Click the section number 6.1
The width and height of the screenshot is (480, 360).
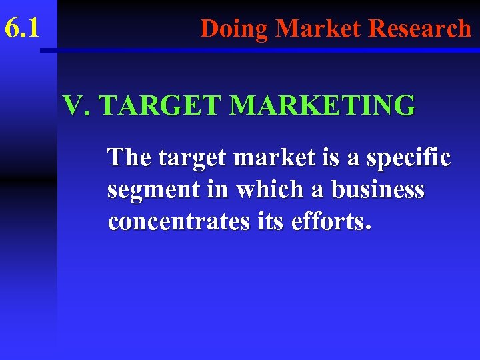click(x=23, y=29)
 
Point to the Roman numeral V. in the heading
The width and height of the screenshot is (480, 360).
click(x=75, y=105)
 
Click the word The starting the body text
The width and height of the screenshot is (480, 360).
click(x=130, y=158)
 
